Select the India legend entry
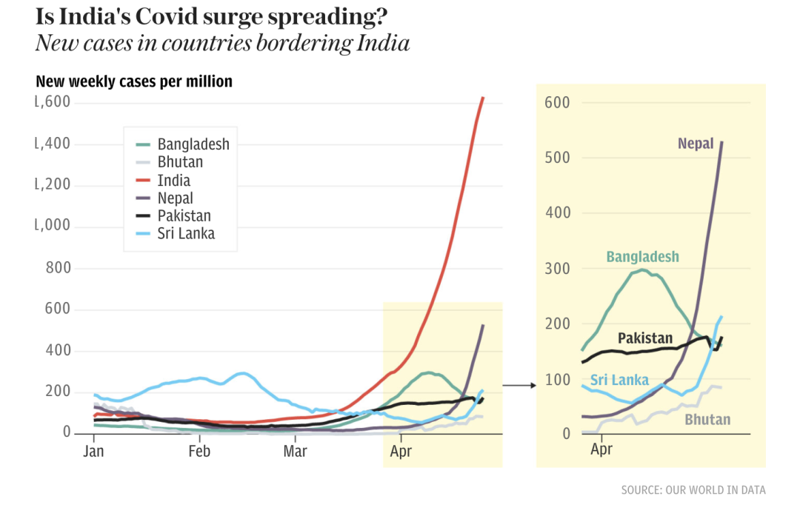pyautogui.click(x=173, y=181)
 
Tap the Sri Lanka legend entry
pyautogui.click(x=186, y=234)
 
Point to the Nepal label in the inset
pyautogui.click(x=696, y=144)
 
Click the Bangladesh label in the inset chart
pyautogui.click(x=642, y=258)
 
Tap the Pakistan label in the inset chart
pyautogui.click(x=645, y=338)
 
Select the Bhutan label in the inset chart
pyautogui.click(x=707, y=420)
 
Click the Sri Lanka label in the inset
pyautogui.click(x=619, y=380)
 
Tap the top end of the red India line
pyautogui.click(x=483, y=98)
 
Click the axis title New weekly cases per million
pyautogui.click(x=134, y=81)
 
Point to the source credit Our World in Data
pyautogui.click(x=693, y=490)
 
